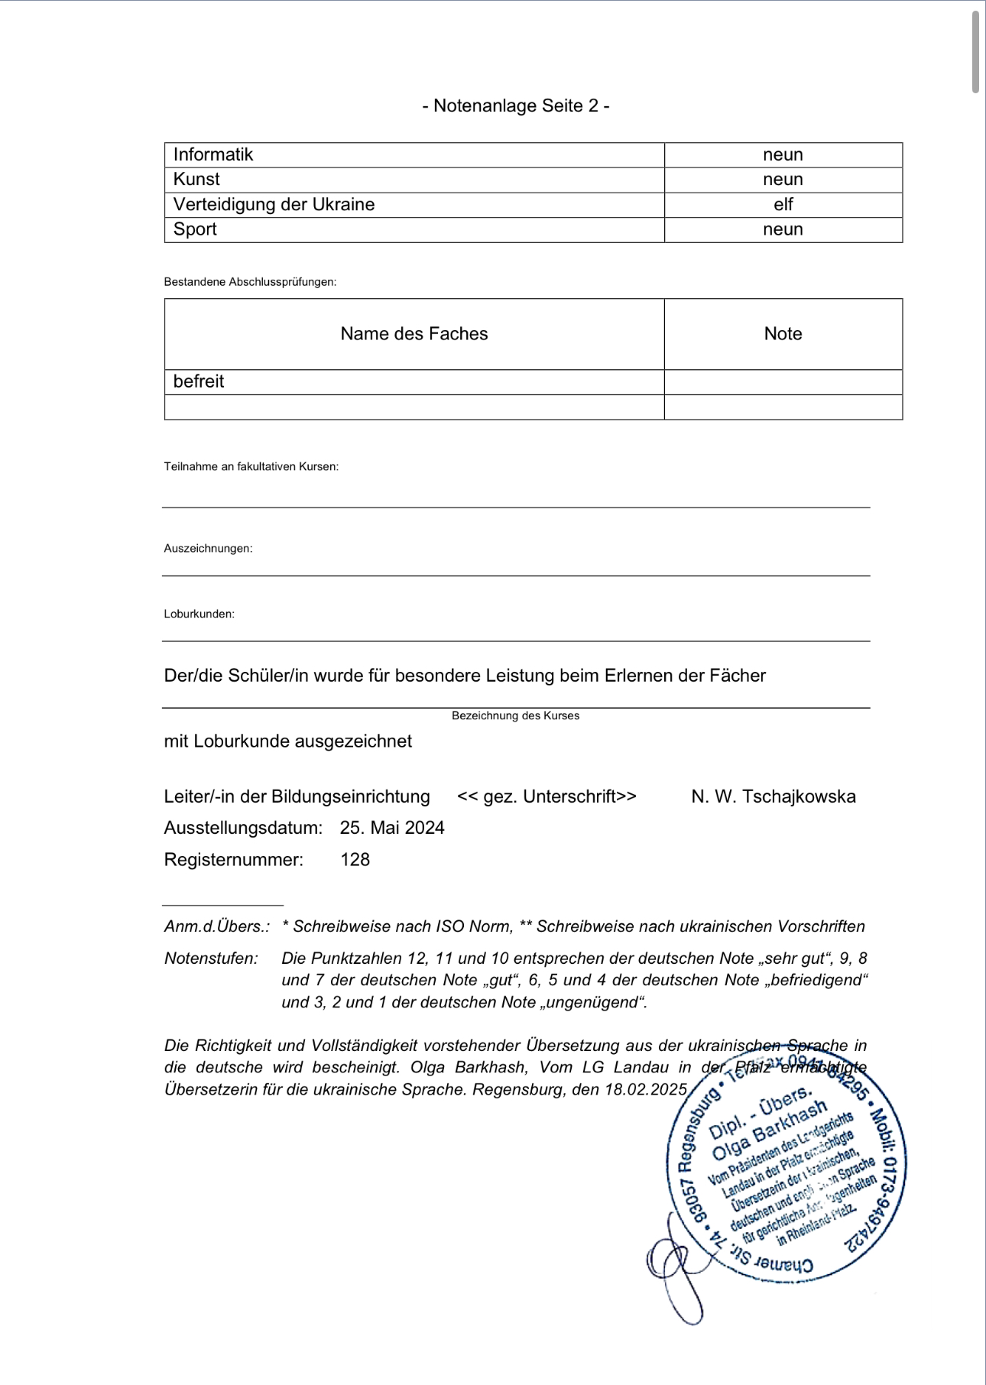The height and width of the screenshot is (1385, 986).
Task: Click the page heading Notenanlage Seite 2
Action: (x=516, y=105)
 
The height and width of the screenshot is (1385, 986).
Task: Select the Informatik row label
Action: (x=213, y=154)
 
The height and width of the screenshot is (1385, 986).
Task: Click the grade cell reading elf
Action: (x=783, y=204)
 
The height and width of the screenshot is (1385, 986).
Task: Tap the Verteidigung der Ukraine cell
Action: (x=274, y=204)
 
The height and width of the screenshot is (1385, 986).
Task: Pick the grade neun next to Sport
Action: (x=783, y=229)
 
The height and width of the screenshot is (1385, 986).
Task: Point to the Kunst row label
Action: (x=196, y=180)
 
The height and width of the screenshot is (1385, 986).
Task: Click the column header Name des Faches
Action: (x=414, y=333)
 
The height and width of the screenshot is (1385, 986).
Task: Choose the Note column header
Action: (x=783, y=333)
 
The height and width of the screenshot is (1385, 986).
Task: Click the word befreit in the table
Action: (x=199, y=381)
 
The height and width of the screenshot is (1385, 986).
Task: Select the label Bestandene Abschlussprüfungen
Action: (x=250, y=282)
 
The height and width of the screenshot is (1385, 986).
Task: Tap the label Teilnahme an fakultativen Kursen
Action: (x=251, y=466)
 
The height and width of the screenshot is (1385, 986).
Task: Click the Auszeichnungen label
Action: (x=208, y=548)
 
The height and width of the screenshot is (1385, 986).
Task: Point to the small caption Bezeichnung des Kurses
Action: (x=515, y=715)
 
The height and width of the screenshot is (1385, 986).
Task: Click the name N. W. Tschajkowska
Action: (x=773, y=796)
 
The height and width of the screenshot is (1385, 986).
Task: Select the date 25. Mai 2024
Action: (x=392, y=828)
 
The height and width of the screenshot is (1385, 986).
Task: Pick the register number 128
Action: (x=355, y=860)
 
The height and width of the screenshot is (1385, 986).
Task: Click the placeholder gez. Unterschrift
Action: (x=547, y=796)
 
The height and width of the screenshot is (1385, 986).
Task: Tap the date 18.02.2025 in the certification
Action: (x=646, y=1089)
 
